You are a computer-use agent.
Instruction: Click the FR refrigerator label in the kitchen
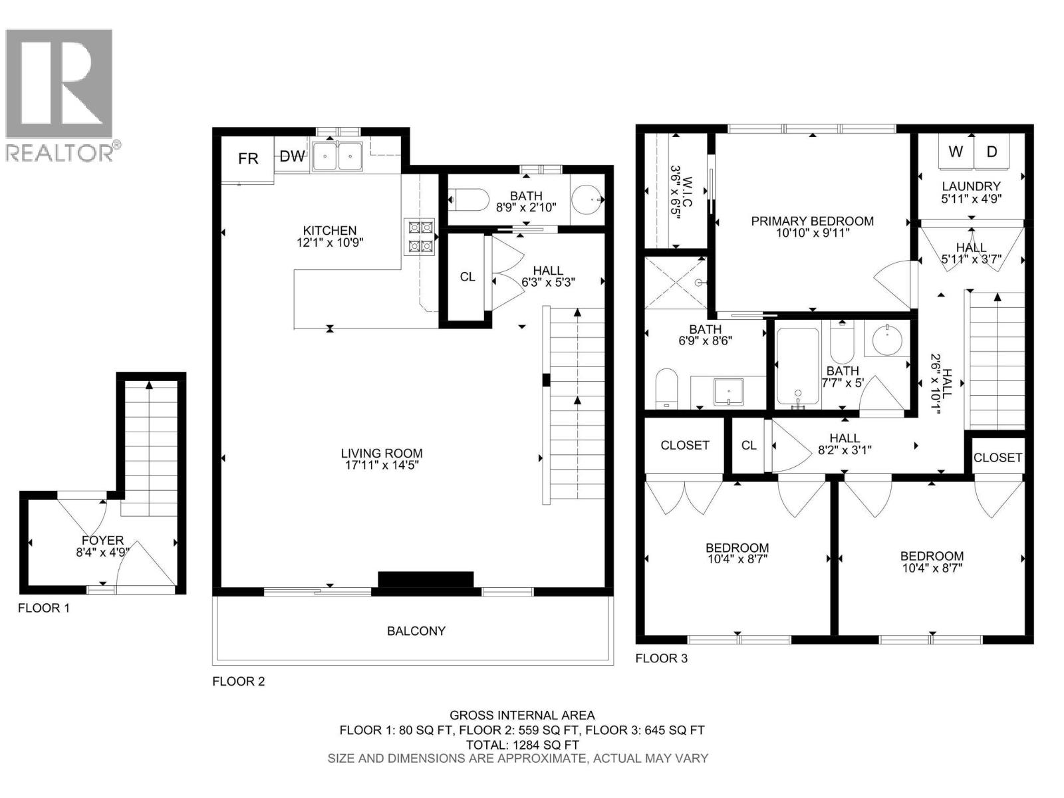[248, 158]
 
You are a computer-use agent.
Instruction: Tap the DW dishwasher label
[292, 156]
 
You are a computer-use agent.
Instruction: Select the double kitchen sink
[337, 158]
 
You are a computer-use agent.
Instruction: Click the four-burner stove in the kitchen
[420, 237]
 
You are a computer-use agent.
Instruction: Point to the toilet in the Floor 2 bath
[469, 199]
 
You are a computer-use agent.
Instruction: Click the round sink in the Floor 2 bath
[589, 199]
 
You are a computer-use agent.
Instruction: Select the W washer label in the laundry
[956, 152]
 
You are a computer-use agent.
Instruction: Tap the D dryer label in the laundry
[992, 152]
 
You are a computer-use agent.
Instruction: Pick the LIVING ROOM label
[382, 454]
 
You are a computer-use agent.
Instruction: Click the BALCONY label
[416, 630]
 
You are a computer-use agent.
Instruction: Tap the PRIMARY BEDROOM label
[812, 221]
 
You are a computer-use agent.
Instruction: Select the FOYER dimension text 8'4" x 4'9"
[103, 552]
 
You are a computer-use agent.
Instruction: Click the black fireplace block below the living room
[426, 580]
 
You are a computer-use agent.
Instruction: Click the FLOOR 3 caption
[661, 658]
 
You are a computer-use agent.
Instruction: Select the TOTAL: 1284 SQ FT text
[522, 745]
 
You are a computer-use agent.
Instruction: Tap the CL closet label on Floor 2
[467, 277]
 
